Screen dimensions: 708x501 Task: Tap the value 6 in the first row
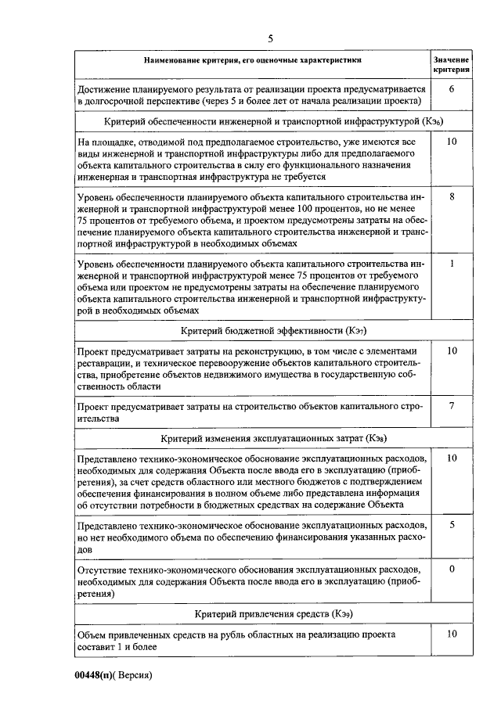[x=452, y=89]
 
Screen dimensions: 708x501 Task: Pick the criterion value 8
[x=452, y=197]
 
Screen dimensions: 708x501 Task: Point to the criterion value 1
[x=452, y=264]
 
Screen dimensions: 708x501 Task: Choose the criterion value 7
[x=452, y=405]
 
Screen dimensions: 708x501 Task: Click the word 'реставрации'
[x=109, y=363]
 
